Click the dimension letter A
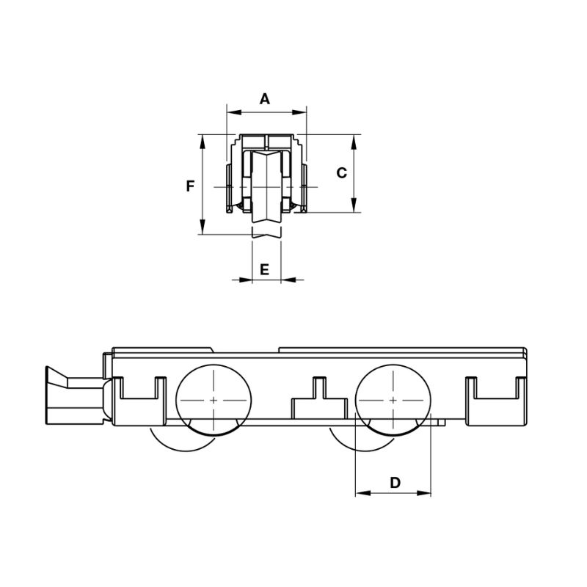tap(265, 99)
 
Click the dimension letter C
tap(341, 173)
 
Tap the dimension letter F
tap(191, 186)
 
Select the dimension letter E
tap(264, 269)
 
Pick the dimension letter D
tap(395, 483)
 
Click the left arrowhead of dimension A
tap(234, 112)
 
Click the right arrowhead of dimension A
tap(299, 112)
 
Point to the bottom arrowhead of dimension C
tap(354, 205)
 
